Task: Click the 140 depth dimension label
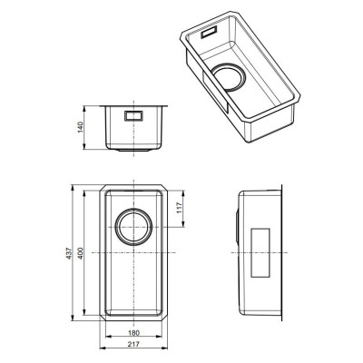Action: [80, 127]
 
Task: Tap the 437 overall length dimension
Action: [69, 253]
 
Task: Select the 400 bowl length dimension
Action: [80, 253]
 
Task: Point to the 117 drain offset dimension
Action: [180, 208]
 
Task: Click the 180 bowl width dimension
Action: [133, 333]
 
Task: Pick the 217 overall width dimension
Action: [133, 344]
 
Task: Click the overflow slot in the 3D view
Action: [209, 32]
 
